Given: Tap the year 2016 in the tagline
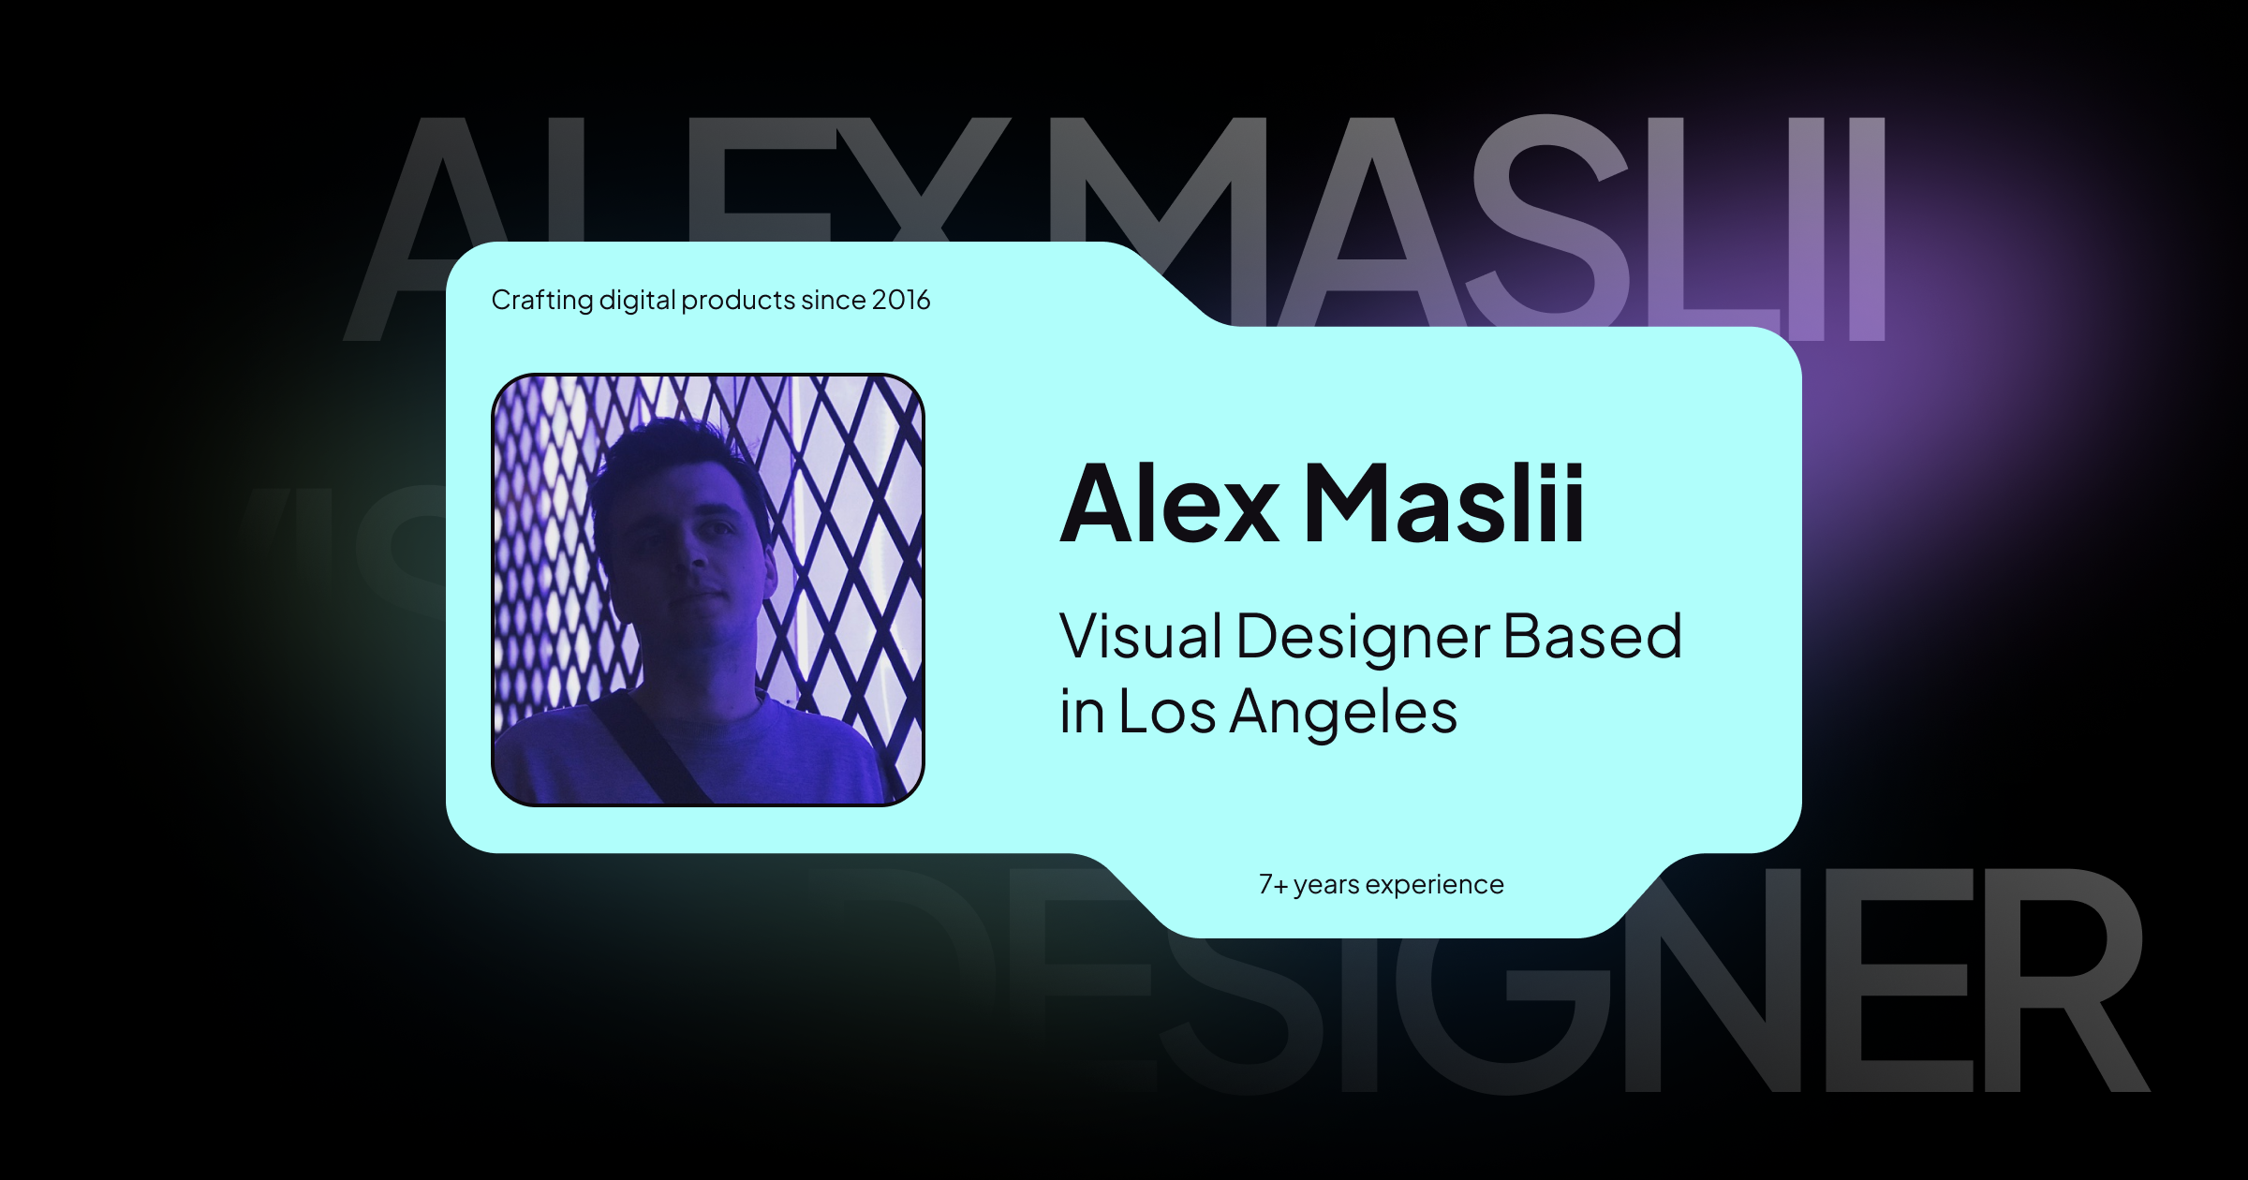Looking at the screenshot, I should (x=900, y=300).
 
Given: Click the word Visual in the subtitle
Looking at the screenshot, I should (x=1141, y=637).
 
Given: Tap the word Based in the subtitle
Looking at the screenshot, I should (x=1592, y=637).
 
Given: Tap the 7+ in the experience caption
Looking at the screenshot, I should (x=1272, y=885).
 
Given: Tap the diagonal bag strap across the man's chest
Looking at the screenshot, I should (x=646, y=749).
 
